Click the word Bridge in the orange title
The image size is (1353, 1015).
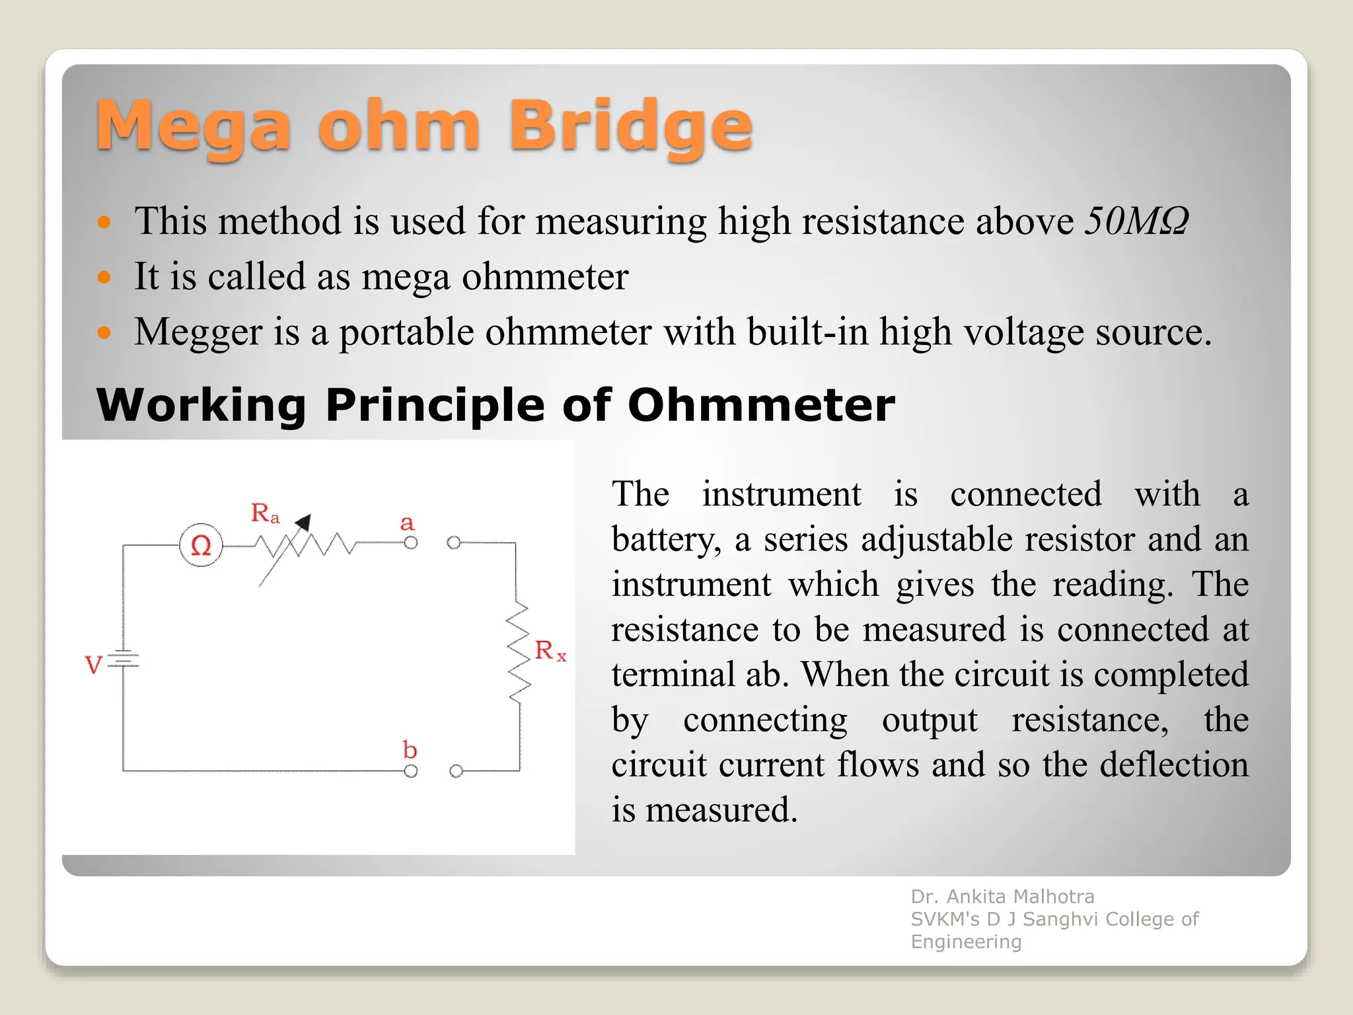(x=630, y=126)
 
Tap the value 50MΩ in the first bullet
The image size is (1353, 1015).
(x=1136, y=221)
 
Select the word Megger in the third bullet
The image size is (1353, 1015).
(x=198, y=332)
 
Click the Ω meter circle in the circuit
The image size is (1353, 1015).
(x=201, y=545)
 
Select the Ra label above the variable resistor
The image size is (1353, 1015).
(x=265, y=513)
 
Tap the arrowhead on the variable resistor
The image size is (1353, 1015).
(x=303, y=523)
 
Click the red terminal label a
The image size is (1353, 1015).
(x=407, y=523)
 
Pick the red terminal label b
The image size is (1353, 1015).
(x=410, y=749)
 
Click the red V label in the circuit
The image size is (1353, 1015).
(x=93, y=664)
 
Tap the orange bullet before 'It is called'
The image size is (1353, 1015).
(x=104, y=277)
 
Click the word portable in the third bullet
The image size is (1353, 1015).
(x=406, y=332)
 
